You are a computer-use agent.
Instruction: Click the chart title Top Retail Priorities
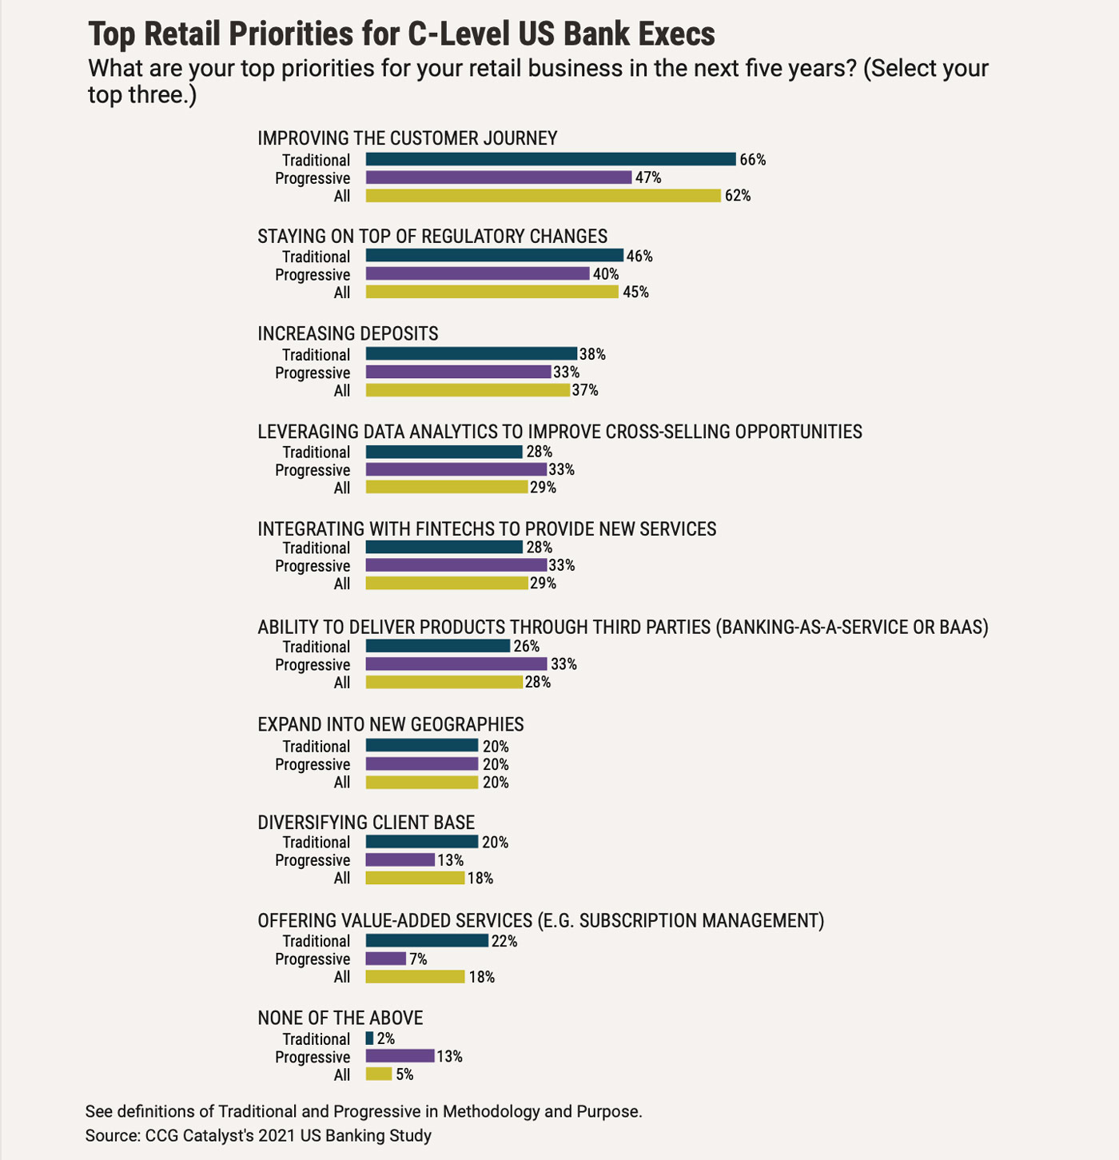[x=401, y=34]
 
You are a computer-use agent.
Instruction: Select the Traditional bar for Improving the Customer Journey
[x=551, y=159]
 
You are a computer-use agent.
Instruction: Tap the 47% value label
[x=648, y=177]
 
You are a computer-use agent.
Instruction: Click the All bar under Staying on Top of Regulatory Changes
[x=492, y=292]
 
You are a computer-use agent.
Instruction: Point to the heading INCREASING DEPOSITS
[x=348, y=333]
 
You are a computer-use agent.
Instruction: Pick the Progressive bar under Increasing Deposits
[x=458, y=372]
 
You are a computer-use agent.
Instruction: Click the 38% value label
[x=592, y=354]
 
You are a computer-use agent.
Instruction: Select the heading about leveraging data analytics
[x=559, y=432]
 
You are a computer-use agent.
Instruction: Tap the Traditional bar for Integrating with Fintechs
[x=444, y=548]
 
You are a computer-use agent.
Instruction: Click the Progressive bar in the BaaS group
[x=456, y=664]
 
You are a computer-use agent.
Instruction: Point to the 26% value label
[x=527, y=647]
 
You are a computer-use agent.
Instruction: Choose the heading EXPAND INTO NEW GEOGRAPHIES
[x=390, y=724]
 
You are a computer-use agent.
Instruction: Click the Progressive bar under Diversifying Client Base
[x=400, y=860]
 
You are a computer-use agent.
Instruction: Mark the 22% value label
[x=504, y=942]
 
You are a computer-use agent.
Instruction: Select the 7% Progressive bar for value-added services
[x=386, y=959]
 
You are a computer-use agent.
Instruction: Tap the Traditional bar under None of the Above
[x=369, y=1038]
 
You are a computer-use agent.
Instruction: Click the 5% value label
[x=404, y=1075]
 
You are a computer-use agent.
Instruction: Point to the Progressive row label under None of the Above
[x=313, y=1057]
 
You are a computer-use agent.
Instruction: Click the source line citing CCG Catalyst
[x=258, y=1135]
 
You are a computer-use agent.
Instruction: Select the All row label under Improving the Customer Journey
[x=342, y=196]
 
